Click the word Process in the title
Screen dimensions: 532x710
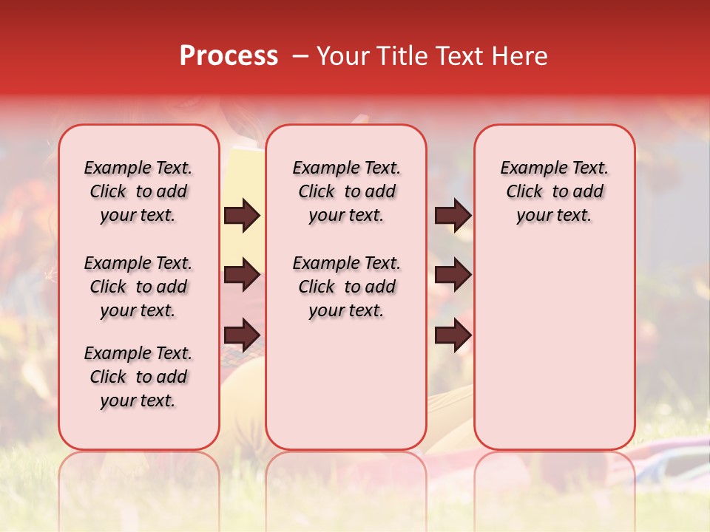(229, 55)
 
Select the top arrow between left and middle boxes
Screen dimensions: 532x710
(242, 216)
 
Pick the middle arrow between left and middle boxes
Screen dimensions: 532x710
(242, 276)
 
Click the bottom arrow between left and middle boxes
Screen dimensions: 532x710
(242, 335)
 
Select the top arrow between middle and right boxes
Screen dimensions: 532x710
(453, 216)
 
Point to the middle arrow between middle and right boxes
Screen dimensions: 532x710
(453, 276)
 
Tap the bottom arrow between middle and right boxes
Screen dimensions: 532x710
(453, 335)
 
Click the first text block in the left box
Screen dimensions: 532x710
(138, 191)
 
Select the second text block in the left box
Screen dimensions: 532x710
(138, 287)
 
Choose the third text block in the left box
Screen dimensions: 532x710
(138, 377)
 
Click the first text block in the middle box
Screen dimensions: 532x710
(346, 191)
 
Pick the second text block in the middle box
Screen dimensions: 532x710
(346, 287)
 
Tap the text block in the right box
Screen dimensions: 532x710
(554, 191)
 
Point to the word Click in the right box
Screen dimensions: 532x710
(524, 192)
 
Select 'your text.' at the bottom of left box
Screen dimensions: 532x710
(138, 401)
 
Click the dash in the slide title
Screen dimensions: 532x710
(300, 55)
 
